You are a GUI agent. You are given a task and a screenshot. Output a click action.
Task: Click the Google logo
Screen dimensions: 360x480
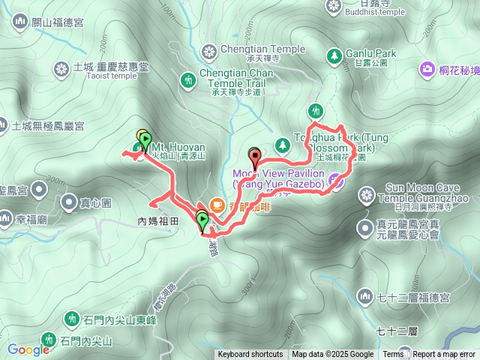[28, 349]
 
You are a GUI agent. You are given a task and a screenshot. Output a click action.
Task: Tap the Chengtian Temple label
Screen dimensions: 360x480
[263, 49]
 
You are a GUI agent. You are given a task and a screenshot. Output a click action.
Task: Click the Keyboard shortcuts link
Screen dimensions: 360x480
[250, 355]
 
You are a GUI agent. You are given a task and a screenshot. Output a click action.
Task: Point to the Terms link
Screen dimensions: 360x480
[393, 355]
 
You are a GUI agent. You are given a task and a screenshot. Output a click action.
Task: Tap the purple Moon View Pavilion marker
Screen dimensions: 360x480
[335, 180]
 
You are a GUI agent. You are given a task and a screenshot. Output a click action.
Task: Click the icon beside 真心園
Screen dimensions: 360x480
[69, 202]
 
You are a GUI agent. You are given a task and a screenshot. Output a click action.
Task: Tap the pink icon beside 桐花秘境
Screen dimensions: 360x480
[427, 70]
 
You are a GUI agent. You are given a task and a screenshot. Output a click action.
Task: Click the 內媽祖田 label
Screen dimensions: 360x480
[159, 221]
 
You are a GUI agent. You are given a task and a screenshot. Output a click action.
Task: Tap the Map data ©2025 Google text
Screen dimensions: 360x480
[333, 355]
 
